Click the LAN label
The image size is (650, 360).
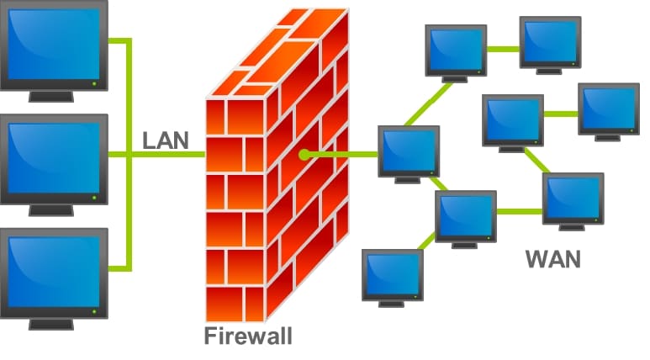pos(166,140)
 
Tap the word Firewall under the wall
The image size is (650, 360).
pos(248,336)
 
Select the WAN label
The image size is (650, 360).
pos(553,259)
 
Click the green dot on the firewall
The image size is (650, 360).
pos(304,155)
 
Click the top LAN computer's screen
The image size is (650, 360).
pos(54,44)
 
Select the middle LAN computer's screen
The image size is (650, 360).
pos(54,158)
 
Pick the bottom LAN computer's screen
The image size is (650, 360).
pos(54,272)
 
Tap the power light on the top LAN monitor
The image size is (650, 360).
pos(94,84)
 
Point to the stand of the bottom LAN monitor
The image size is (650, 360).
pos(51,324)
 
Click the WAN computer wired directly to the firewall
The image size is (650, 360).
pos(409,154)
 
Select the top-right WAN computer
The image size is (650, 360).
pos(551,45)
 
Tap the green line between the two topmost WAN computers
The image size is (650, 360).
pos(503,50)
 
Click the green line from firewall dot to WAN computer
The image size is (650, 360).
pos(341,155)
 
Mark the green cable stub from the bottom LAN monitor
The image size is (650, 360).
pos(119,269)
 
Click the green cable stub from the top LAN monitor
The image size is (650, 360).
pos(119,40)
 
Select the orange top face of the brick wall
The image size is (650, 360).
pos(277,53)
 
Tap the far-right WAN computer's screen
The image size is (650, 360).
pos(609,109)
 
